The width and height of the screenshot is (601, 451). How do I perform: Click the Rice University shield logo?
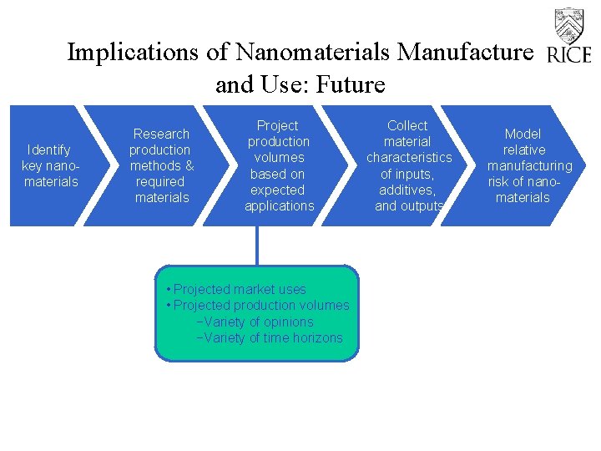570,27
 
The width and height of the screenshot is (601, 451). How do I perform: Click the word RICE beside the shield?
568,56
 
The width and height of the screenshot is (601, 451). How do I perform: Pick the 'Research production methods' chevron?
159,165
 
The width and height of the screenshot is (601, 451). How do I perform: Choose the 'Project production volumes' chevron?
278,165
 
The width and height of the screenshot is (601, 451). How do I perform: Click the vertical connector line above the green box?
257,246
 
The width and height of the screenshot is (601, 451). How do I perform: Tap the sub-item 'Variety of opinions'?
255,322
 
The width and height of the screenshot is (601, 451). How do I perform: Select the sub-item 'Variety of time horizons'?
269,337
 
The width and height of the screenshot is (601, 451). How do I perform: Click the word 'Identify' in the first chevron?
49,150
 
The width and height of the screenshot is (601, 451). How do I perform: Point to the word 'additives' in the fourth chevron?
407,190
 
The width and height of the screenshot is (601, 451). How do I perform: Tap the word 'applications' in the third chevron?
280,205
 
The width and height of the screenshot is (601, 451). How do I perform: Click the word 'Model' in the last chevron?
523,134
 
